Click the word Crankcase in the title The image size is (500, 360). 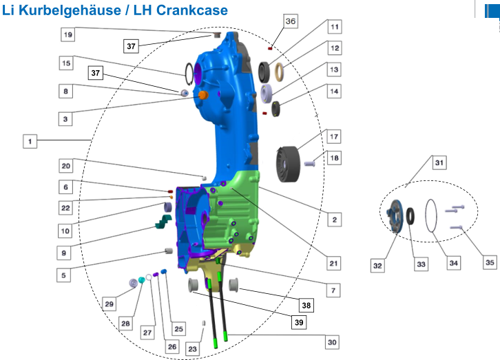192,10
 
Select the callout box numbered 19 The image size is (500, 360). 68,34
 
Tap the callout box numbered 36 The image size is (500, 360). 291,21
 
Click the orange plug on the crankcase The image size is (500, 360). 202,95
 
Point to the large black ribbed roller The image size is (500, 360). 288,164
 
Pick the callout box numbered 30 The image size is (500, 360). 332,342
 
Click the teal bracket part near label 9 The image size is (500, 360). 164,222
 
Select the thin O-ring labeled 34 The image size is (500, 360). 431,215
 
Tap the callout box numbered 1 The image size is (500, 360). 30,141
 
